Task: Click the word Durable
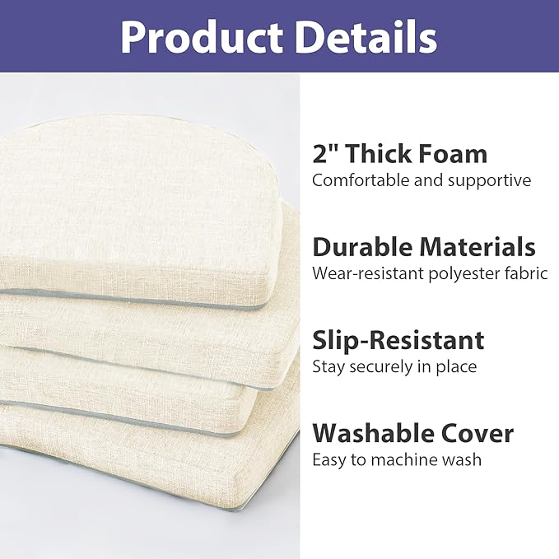point(362,247)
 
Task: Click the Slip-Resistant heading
point(398,340)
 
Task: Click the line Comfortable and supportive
point(422,180)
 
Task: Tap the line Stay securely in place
point(394,366)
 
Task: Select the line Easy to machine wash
point(397,459)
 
